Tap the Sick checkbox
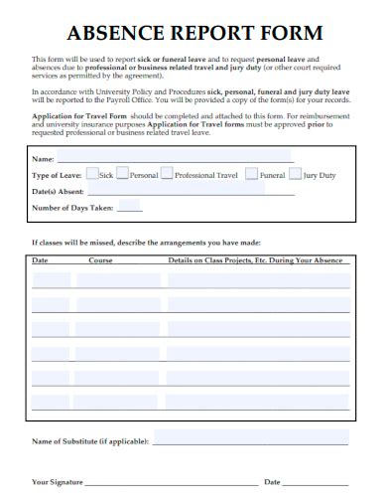pyautogui.click(x=92, y=173)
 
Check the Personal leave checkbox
pyautogui.click(x=123, y=173)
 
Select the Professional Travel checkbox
pyautogui.click(x=167, y=173)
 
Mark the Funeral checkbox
pyautogui.click(x=252, y=173)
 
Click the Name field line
pyautogui.click(x=175, y=160)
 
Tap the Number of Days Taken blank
pyautogui.click(x=129, y=210)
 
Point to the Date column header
pyautogui.click(x=40, y=260)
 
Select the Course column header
pyautogui.click(x=100, y=260)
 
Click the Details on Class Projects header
pyautogui.click(x=255, y=260)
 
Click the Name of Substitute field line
pyautogui.click(x=251, y=441)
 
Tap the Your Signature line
pyautogui.click(x=168, y=484)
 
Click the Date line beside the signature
pyautogui.click(x=318, y=484)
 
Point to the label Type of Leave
pyautogui.click(x=57, y=175)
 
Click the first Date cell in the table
pyautogui.click(x=51, y=279)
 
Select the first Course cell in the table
pyautogui.click(x=119, y=279)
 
